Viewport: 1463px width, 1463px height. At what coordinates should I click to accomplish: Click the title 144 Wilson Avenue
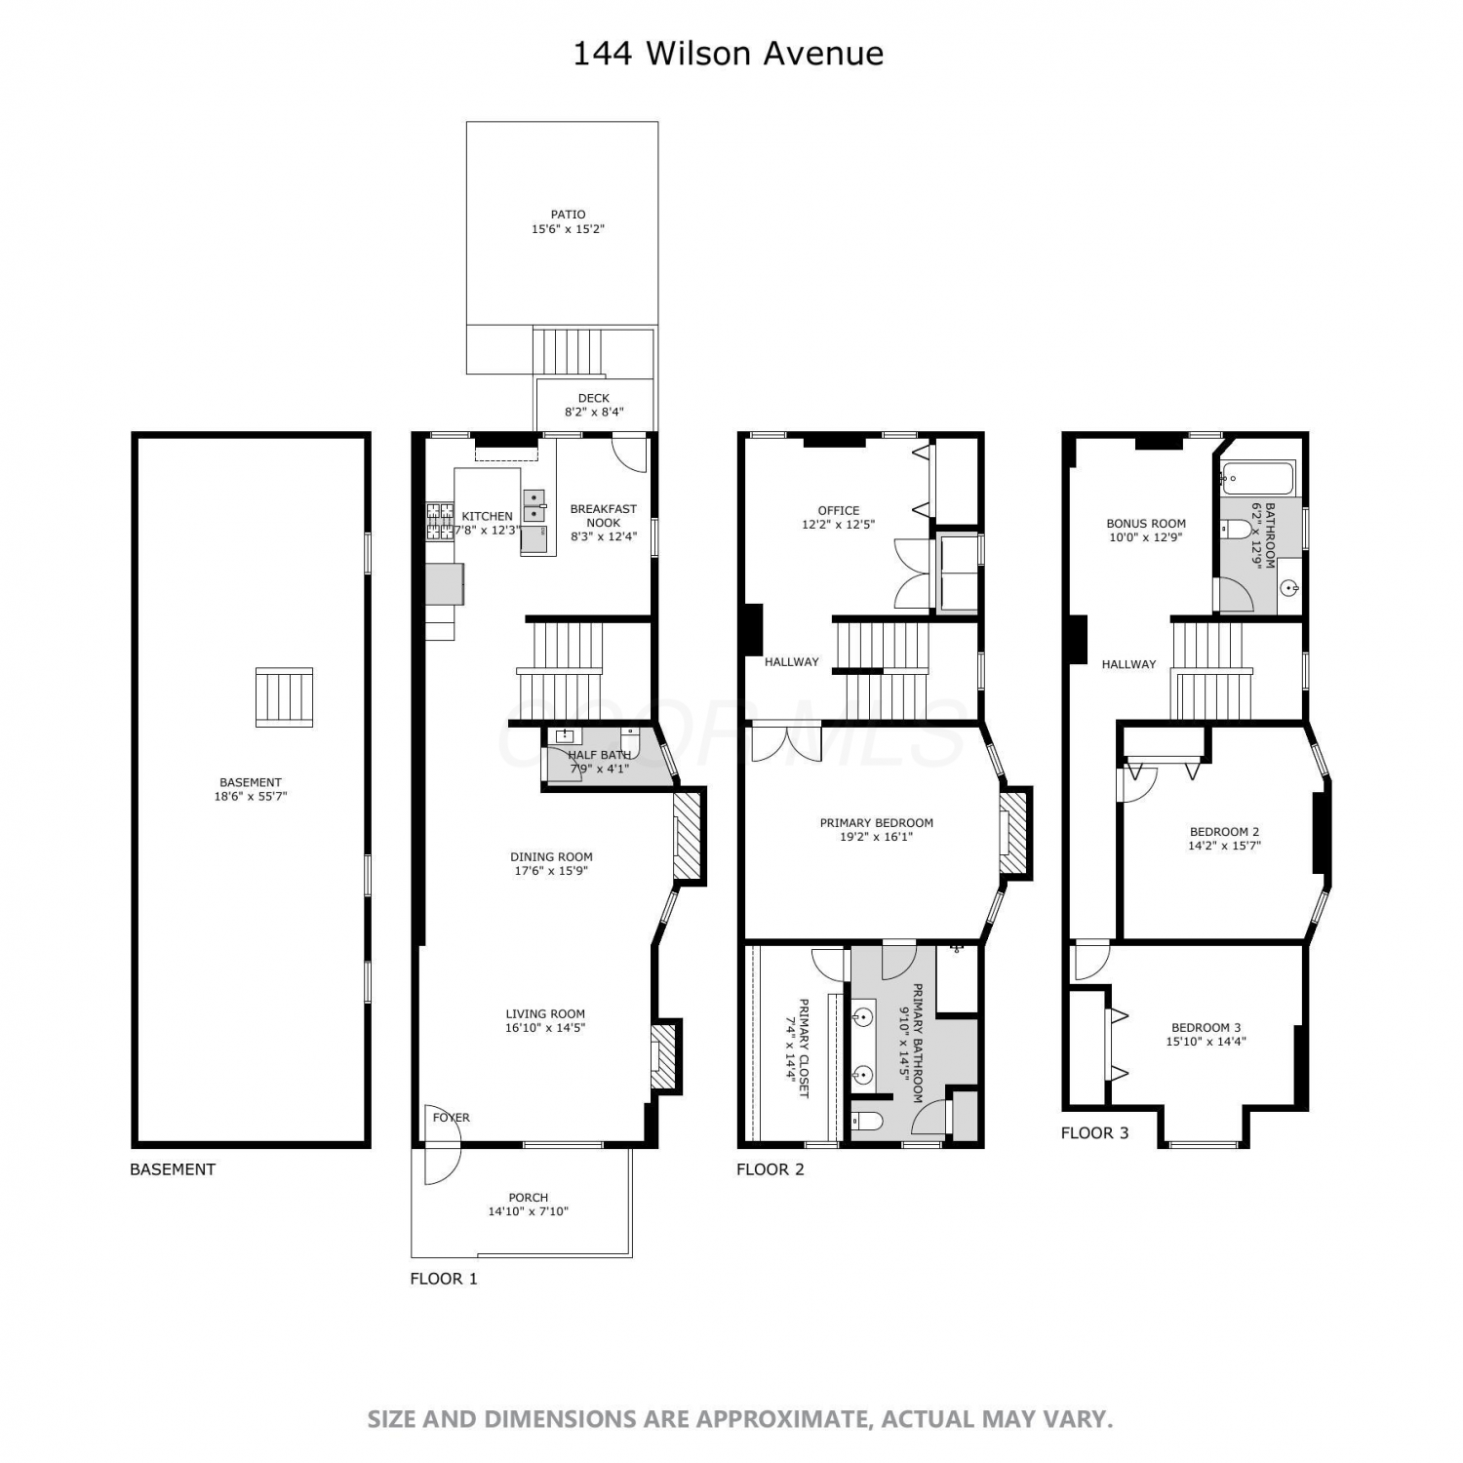click(728, 53)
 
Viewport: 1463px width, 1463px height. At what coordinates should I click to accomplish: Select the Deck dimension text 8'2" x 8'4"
click(594, 412)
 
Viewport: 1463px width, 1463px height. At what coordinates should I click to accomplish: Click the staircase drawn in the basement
click(284, 696)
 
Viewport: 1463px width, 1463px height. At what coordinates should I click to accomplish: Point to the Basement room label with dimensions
click(251, 789)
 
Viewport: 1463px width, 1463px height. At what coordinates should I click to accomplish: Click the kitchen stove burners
click(440, 521)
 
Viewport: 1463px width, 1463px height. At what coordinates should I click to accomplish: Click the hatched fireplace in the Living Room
click(664, 1055)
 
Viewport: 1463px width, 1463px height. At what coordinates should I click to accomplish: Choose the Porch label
click(529, 1198)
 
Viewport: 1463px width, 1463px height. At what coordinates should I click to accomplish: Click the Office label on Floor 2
click(839, 510)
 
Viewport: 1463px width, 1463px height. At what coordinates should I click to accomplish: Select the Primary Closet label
click(804, 1048)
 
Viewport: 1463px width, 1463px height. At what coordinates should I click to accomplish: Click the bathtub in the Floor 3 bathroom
click(1258, 478)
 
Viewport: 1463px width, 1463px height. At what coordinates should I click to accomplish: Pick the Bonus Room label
click(1146, 524)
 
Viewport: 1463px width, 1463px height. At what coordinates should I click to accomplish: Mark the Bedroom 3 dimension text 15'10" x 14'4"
click(1206, 1041)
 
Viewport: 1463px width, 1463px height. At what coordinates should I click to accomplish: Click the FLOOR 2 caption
click(771, 1169)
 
